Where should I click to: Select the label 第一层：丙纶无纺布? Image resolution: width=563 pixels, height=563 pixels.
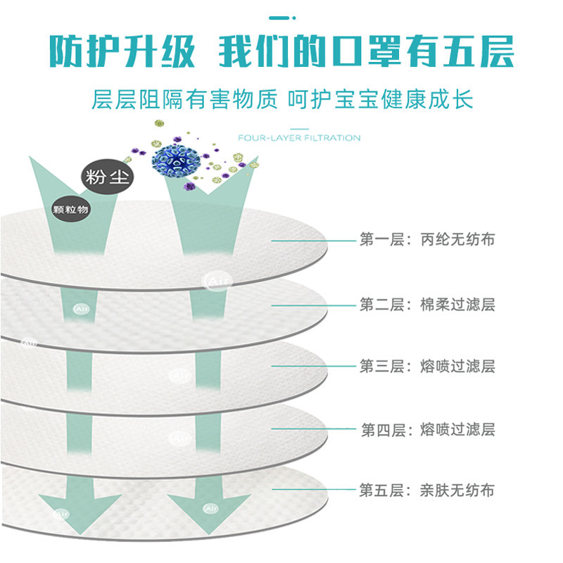(x=427, y=240)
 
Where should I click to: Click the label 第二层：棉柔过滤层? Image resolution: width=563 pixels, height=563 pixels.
(x=427, y=305)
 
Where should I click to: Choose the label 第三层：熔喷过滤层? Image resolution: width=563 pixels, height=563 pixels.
(x=427, y=366)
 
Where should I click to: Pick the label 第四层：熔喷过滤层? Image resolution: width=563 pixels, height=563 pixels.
(x=427, y=429)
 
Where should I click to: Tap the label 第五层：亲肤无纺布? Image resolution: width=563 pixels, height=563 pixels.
(x=427, y=490)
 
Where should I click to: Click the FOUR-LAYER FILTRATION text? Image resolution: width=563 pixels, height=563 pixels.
(x=299, y=138)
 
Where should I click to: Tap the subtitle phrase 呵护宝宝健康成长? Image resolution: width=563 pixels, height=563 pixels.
(x=380, y=99)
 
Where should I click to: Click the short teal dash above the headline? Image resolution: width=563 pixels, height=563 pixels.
(x=281, y=16)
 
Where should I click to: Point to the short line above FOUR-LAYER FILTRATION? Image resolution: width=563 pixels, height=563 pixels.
(x=300, y=129)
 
